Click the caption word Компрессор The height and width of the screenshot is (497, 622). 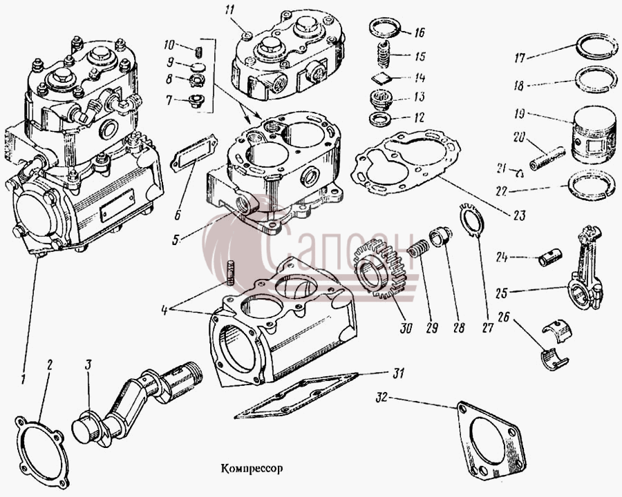(252, 469)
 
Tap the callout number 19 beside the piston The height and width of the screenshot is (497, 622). (519, 114)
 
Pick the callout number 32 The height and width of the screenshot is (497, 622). (381, 398)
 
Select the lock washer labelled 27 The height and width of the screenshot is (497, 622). (471, 220)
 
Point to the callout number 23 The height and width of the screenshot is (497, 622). (519, 215)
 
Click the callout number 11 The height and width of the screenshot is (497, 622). (229, 9)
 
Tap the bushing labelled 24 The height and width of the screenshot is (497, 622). (550, 257)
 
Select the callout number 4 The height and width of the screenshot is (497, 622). (165, 310)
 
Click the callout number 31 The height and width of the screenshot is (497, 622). (399, 373)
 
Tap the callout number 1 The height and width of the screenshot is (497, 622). (23, 378)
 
